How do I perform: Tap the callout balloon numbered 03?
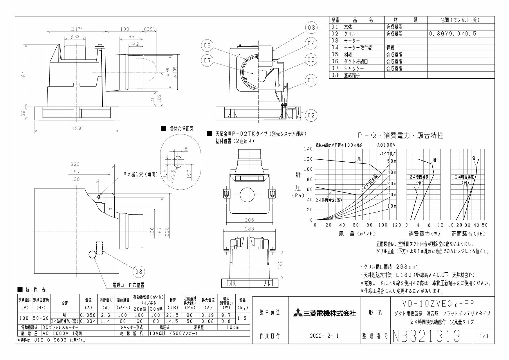tap(311, 28)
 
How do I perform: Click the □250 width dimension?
tap(76, 129)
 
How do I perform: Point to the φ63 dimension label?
tap(74, 37)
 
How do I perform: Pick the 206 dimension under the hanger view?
tap(249, 220)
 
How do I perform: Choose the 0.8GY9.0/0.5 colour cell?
tap(452, 34)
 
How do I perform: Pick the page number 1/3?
tap(484, 336)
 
